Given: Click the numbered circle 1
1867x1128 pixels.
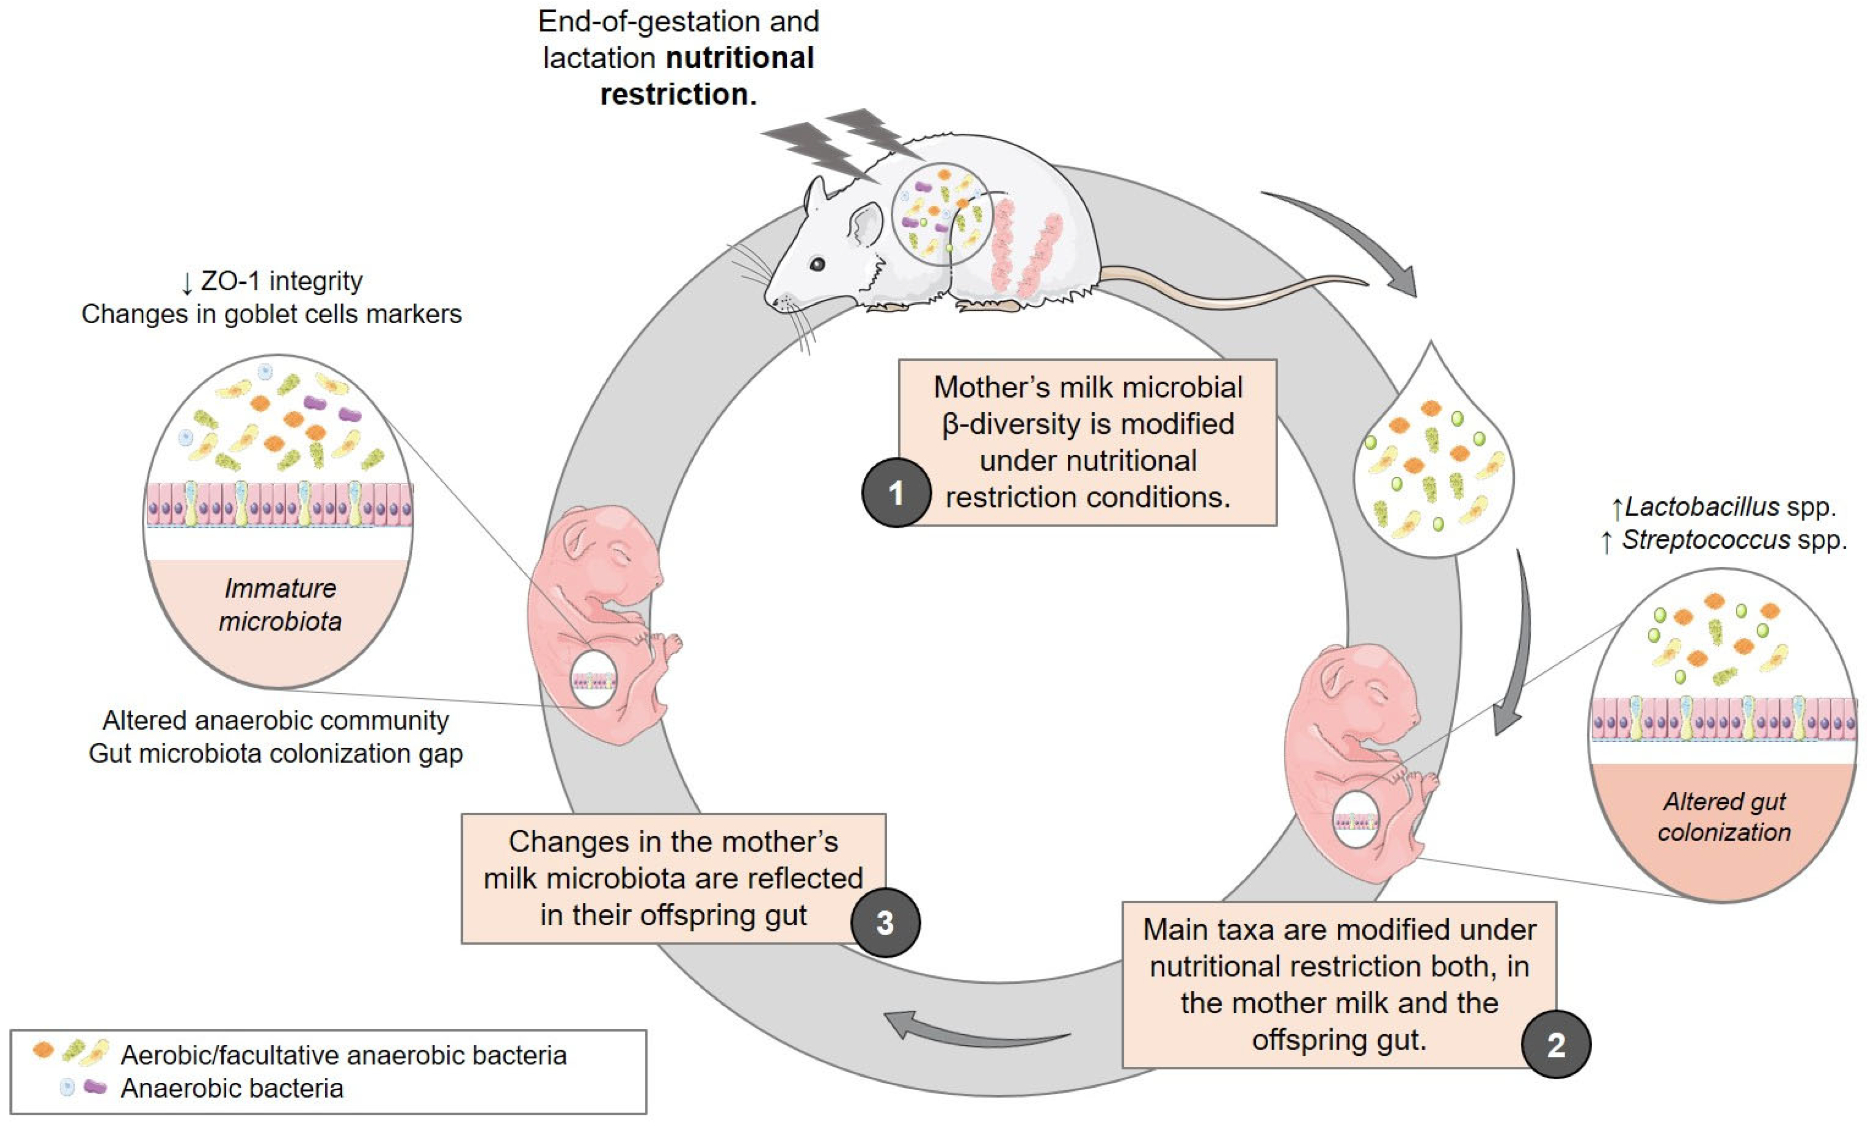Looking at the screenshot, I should pyautogui.click(x=896, y=493).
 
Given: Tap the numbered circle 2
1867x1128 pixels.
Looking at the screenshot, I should pyautogui.click(x=1556, y=1044).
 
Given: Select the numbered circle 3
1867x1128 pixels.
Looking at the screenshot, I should pyautogui.click(x=885, y=923).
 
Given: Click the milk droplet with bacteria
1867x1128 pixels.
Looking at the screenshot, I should pyautogui.click(x=1432, y=462).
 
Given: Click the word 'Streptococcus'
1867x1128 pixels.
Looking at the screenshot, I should pyautogui.click(x=1705, y=540).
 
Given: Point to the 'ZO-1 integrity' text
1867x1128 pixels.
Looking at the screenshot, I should pyautogui.click(x=281, y=281).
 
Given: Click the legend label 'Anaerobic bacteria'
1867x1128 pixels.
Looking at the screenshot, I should pyautogui.click(x=232, y=1088).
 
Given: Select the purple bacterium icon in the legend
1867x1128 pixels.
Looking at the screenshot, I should pyautogui.click(x=94, y=1087).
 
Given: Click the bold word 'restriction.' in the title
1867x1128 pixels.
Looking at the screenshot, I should pyautogui.click(x=678, y=94).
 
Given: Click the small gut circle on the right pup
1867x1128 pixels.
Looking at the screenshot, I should pyautogui.click(x=1356, y=820).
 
